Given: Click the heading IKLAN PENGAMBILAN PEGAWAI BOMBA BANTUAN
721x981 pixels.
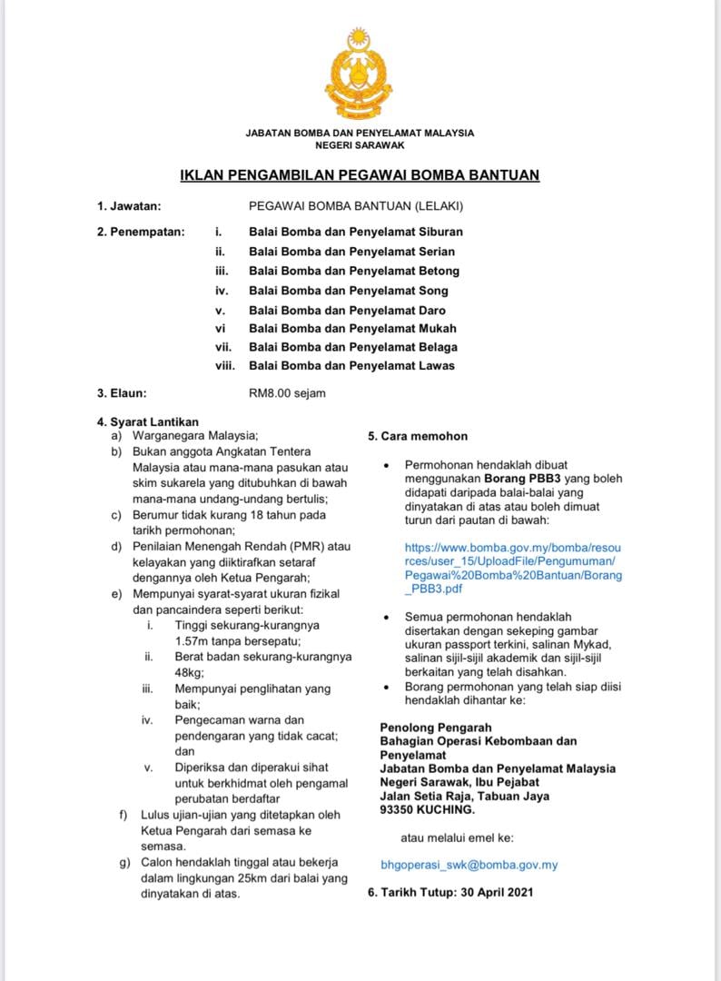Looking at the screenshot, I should [360, 174].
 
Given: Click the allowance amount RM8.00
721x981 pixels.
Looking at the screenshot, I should [270, 393].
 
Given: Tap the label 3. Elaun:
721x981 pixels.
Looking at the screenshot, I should [123, 393].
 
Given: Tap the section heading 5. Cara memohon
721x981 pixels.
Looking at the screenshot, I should [418, 436].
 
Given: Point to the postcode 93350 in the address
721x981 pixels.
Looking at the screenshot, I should [399, 809].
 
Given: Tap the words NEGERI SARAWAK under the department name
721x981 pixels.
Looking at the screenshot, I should [360, 145].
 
